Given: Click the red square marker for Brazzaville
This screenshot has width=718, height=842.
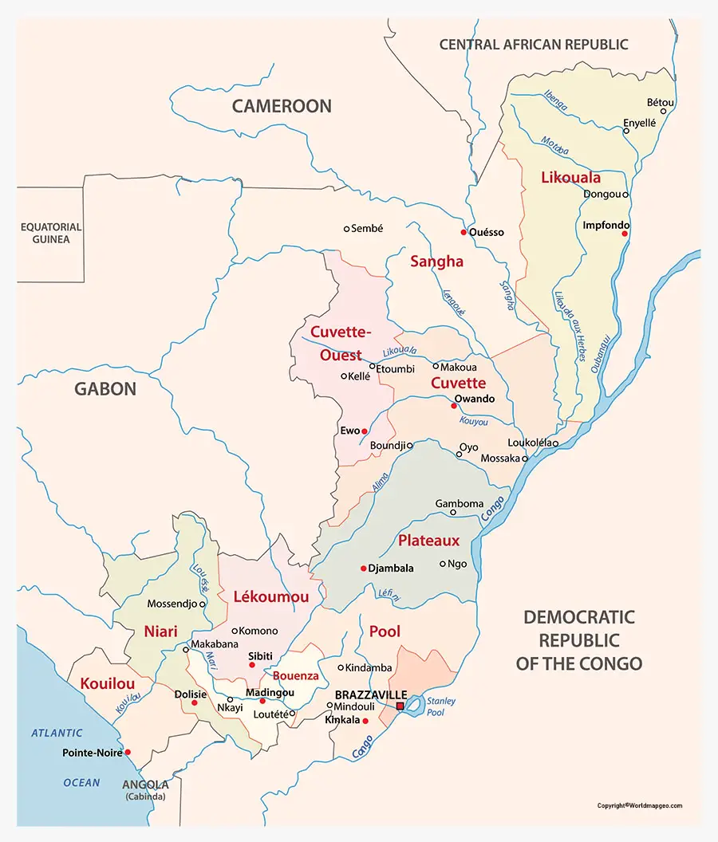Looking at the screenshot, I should click(x=400, y=706).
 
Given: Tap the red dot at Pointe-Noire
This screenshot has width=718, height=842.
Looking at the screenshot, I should click(x=128, y=752).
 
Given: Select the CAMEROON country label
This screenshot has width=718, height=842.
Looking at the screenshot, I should click(x=282, y=106).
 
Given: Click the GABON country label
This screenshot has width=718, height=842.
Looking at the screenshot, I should click(x=105, y=389).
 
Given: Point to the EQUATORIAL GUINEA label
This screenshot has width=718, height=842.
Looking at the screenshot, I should click(x=51, y=233).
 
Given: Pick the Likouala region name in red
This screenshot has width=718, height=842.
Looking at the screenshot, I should click(x=570, y=177).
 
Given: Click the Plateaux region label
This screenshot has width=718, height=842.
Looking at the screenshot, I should click(x=429, y=541).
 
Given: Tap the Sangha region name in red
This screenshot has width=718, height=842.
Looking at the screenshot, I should click(x=436, y=261).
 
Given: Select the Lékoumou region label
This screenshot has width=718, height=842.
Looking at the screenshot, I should click(x=270, y=596).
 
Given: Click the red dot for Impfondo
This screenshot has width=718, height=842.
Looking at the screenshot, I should click(x=625, y=234).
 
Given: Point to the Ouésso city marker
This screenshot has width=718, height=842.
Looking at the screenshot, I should click(x=463, y=232).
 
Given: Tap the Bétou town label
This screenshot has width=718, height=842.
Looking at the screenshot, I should click(x=661, y=103).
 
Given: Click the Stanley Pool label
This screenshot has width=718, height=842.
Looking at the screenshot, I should click(x=440, y=708).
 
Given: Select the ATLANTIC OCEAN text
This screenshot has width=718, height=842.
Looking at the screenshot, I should click(x=57, y=757).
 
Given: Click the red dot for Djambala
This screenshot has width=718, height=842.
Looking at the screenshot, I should click(x=362, y=569).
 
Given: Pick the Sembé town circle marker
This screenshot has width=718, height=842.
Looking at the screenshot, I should click(x=346, y=229).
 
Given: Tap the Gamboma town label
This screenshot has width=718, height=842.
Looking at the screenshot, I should click(x=459, y=503).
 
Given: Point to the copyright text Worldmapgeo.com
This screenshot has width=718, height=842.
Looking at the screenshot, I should click(x=639, y=805).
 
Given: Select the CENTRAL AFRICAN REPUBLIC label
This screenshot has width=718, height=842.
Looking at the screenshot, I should click(x=534, y=45).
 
